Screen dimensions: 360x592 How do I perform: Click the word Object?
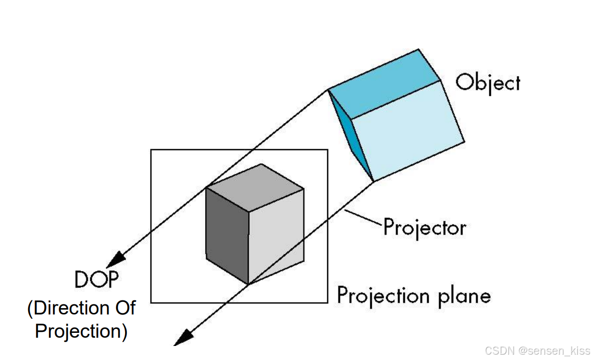pyautogui.click(x=488, y=83)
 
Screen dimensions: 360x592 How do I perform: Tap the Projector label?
pyautogui.click(x=425, y=227)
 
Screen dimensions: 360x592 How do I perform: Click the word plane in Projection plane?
pyautogui.click(x=464, y=296)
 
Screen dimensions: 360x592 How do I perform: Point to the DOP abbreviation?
pyautogui.click(x=96, y=280)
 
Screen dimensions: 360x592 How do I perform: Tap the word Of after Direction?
pyautogui.click(x=124, y=308)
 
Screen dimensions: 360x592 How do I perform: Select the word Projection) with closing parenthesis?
pyautogui.click(x=81, y=331)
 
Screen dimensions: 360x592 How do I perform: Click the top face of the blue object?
pyautogui.click(x=383, y=84)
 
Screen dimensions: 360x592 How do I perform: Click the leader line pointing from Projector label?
pyautogui.click(x=364, y=218)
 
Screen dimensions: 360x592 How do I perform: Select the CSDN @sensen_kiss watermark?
pyautogui.click(x=538, y=350)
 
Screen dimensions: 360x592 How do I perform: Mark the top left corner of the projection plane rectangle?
pyautogui.click(x=151, y=150)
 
